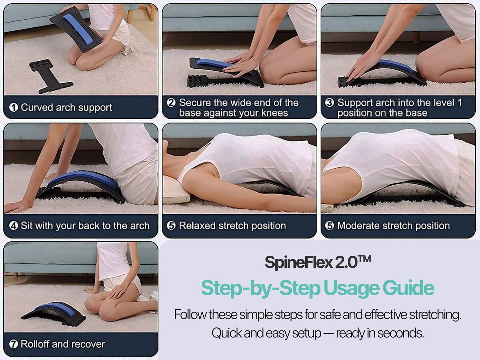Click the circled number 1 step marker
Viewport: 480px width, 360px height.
[x=14, y=107]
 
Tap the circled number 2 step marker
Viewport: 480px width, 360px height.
[x=171, y=103]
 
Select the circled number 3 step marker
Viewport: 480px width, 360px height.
[x=329, y=103]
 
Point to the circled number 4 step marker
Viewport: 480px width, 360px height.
[x=14, y=225]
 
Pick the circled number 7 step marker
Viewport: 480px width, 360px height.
[x=14, y=344]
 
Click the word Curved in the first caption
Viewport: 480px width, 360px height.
[x=37, y=107]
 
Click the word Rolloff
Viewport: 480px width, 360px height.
[x=35, y=344]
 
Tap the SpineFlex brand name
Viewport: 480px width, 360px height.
[x=299, y=262]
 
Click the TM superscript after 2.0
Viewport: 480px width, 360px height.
[x=364, y=259]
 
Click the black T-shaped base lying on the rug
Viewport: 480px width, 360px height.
[x=51, y=75]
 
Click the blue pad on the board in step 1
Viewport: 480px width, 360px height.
[x=78, y=29]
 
